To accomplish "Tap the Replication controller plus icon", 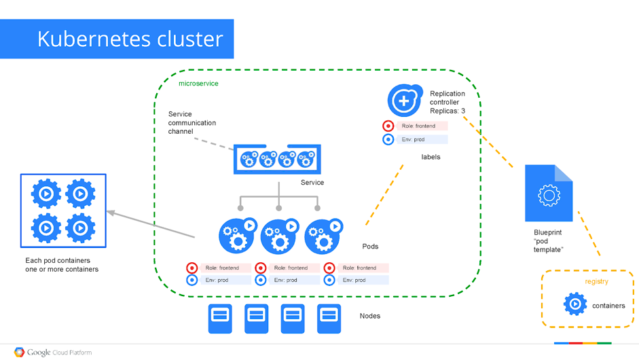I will click(x=404, y=101).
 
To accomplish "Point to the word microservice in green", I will click(x=198, y=84).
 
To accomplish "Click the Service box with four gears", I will click(x=277, y=159).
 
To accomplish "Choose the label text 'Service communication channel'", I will click(x=192, y=122).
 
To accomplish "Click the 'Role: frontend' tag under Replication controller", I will click(x=422, y=126).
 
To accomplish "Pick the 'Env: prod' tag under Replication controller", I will click(x=422, y=139).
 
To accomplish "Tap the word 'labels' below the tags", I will click(x=431, y=157).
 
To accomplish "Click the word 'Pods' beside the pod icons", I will click(x=370, y=246).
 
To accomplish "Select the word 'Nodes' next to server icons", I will click(x=370, y=316).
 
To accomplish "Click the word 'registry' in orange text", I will click(x=596, y=281).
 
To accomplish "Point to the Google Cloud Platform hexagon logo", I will click(x=20, y=353).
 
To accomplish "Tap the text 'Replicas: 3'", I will click(x=448, y=111).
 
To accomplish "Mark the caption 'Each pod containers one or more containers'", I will click(x=62, y=265).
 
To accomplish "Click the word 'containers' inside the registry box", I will click(x=608, y=306).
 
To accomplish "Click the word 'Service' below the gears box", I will click(x=312, y=182).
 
